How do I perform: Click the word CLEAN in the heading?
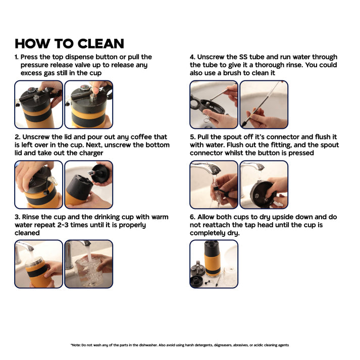click(x=101, y=43)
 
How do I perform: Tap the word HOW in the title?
click(x=32, y=43)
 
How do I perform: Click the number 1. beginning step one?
click(x=17, y=57)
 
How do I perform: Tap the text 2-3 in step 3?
click(x=63, y=225)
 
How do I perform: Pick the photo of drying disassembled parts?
click(x=214, y=264)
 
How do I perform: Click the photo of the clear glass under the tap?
click(x=89, y=264)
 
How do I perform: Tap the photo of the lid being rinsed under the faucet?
click(x=264, y=185)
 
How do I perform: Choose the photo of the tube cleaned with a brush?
click(x=264, y=105)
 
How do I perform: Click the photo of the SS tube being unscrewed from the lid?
click(x=214, y=105)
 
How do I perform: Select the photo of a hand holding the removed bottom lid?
click(x=89, y=185)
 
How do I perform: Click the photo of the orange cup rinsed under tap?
click(x=38, y=264)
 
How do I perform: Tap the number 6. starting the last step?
click(x=192, y=217)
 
